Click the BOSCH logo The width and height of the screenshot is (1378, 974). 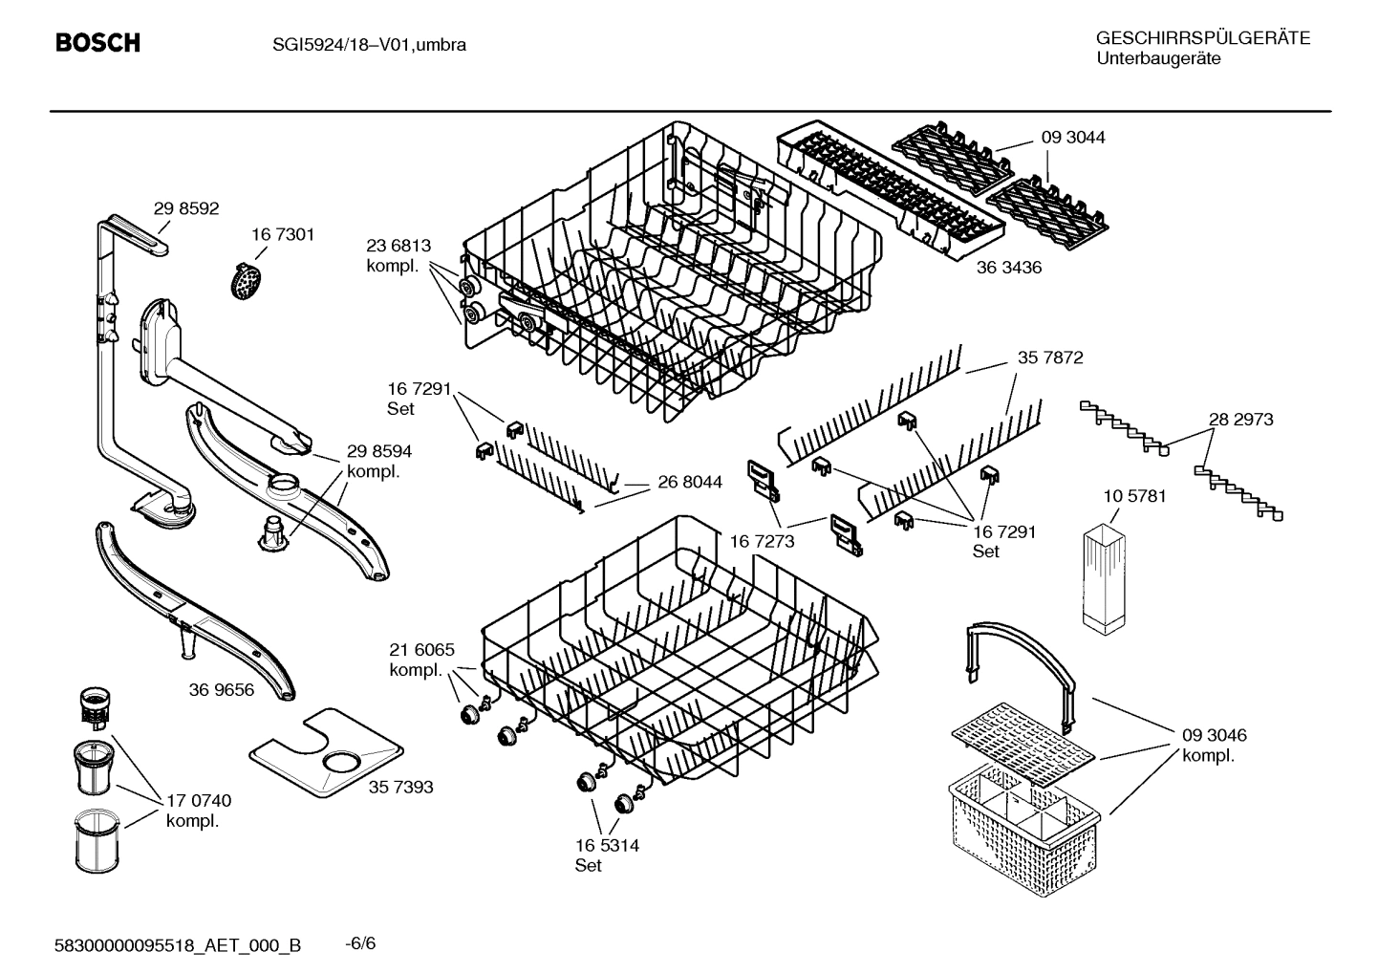[x=97, y=43]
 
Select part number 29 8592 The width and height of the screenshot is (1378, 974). [x=186, y=208]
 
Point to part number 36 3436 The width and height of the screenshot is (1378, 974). [x=1008, y=268]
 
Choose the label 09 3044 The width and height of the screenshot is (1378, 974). [x=1072, y=138]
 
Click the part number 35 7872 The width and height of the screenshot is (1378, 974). [x=1049, y=357]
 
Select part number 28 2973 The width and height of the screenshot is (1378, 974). [x=1239, y=419]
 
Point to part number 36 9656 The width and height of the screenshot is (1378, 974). [x=222, y=689]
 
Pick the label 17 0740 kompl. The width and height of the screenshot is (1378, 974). [x=198, y=811]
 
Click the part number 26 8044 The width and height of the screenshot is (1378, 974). [x=689, y=483]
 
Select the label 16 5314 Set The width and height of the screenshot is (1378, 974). [x=606, y=855]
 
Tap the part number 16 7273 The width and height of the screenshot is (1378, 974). [x=762, y=542]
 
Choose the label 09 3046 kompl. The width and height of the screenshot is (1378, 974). [x=1214, y=745]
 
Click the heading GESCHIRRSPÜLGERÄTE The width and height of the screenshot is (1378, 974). [x=1202, y=38]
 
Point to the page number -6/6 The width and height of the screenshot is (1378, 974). [x=359, y=943]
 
